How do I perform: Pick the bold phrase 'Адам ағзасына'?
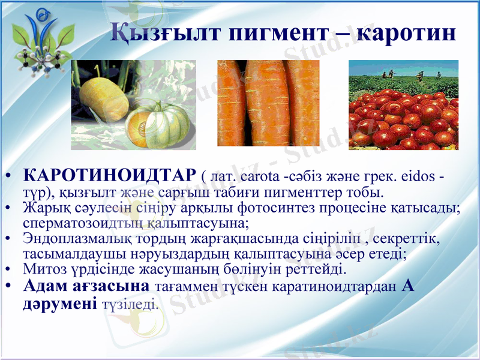[x=86, y=285]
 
